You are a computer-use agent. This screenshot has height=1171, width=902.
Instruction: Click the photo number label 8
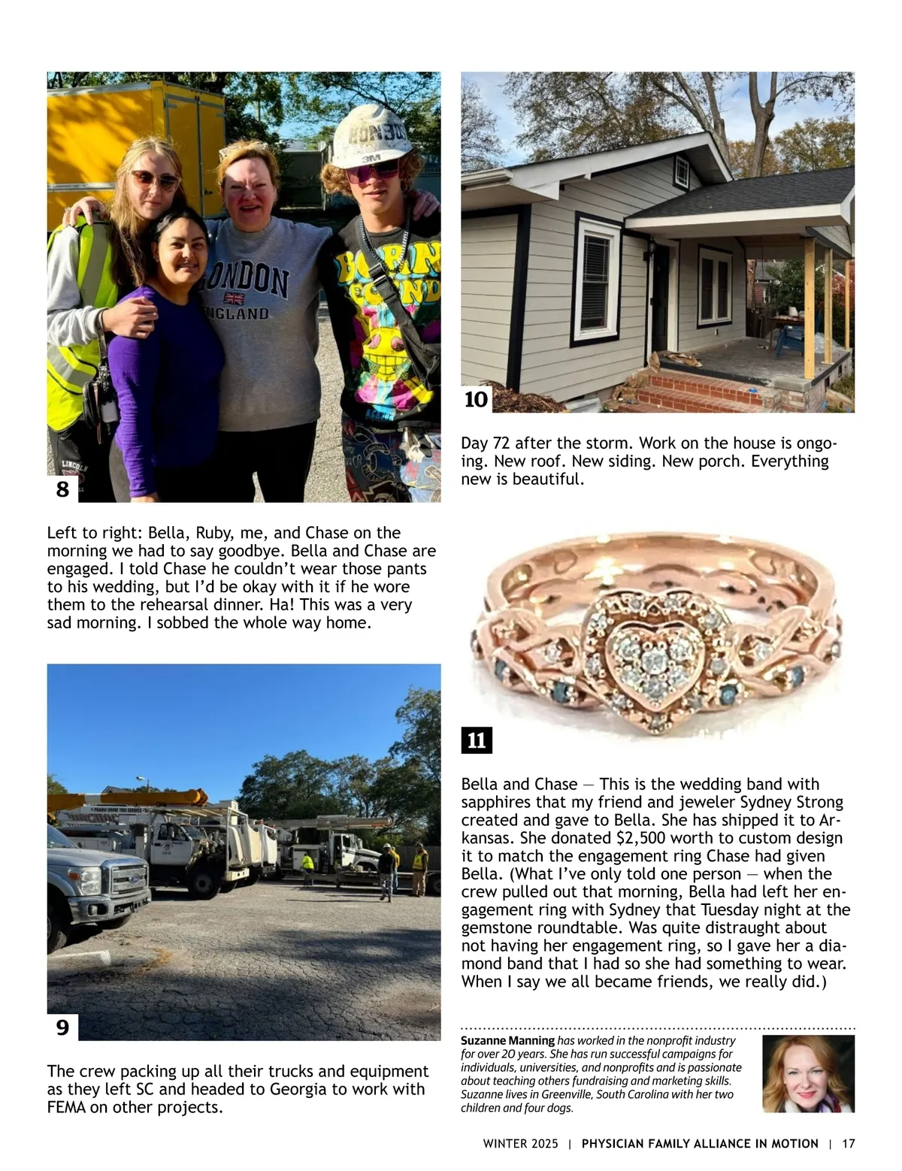point(62,490)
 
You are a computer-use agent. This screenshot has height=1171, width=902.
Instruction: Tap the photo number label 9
point(62,1027)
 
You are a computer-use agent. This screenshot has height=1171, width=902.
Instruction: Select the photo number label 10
point(476,399)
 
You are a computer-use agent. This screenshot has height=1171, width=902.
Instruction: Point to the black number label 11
point(477,741)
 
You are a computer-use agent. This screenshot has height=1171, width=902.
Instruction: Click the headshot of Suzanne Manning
point(808,1073)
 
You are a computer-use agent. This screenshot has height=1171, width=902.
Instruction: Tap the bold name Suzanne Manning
point(507,1041)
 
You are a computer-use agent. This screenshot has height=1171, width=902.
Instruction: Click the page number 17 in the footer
point(849,1144)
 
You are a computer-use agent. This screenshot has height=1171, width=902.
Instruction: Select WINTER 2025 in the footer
point(521,1144)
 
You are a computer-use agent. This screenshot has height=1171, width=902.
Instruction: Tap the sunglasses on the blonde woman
point(154,180)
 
